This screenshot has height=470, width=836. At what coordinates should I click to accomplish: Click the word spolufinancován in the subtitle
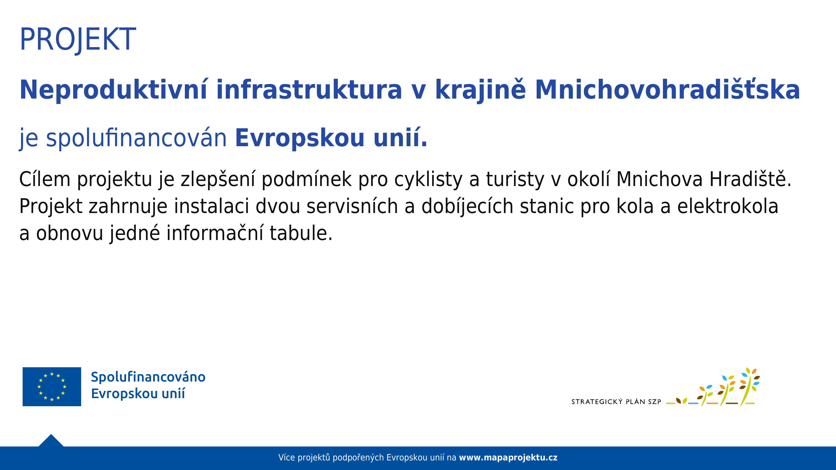136,138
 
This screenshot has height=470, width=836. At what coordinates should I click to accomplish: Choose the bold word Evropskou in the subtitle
300,138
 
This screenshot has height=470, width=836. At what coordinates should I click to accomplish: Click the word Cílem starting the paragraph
45,179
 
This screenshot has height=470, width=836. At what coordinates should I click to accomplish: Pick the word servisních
352,206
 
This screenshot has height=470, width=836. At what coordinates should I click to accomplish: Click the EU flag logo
52,387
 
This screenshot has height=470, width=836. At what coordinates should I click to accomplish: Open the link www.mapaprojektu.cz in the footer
508,458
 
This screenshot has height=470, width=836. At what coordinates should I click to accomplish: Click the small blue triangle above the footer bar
51,441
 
